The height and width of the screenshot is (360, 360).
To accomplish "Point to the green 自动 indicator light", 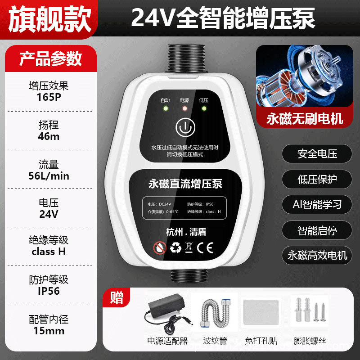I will [165, 108].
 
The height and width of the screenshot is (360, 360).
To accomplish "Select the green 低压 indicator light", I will [204, 108].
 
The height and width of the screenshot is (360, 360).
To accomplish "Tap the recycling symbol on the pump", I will [175, 248].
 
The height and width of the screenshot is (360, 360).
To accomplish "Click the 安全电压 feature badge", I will [317, 154].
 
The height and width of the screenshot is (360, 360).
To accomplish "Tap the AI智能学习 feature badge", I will [317, 204].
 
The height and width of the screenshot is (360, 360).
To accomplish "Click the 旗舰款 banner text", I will [49, 18].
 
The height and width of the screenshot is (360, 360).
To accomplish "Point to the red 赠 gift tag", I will [117, 297].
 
